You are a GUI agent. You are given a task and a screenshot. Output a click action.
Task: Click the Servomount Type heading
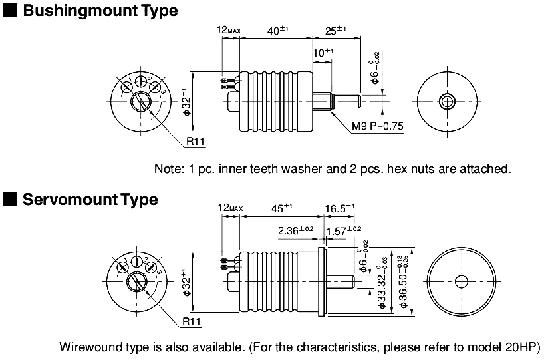90,199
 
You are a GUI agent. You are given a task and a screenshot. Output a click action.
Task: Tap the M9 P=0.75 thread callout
378,126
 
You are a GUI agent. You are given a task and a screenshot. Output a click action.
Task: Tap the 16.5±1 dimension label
339,208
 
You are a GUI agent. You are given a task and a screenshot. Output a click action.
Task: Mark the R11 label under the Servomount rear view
192,322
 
